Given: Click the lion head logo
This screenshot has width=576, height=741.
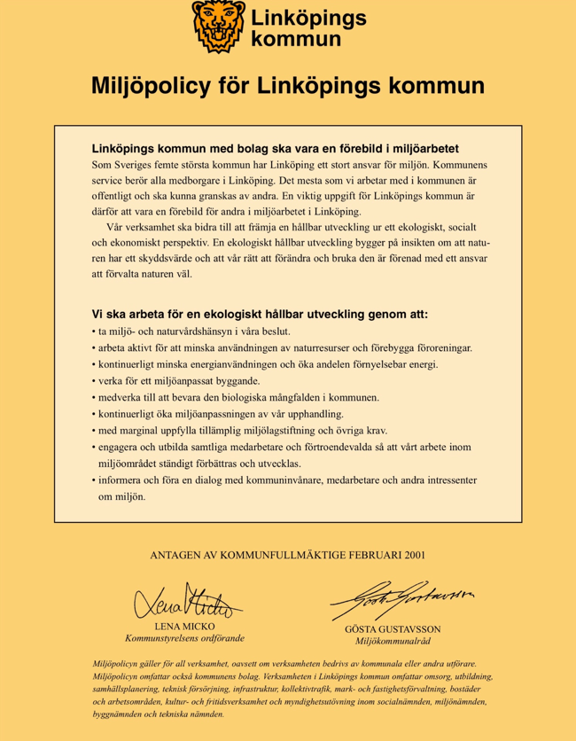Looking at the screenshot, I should tap(218, 26).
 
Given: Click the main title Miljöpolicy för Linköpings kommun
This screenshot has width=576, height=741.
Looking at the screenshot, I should tap(288, 86).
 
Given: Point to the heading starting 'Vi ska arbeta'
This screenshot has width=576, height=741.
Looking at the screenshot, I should tap(260, 314).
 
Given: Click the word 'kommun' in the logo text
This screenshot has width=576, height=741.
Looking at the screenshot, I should tap(296, 39).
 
